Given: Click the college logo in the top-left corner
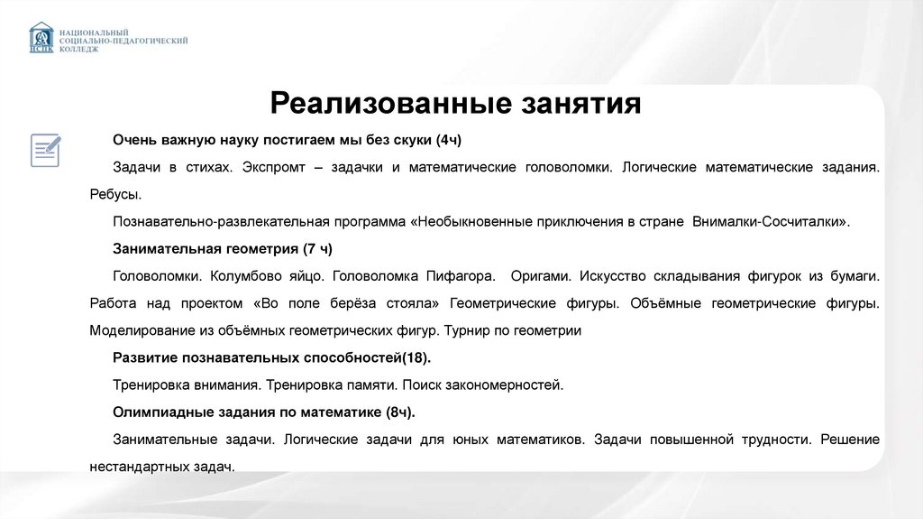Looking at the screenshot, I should click(x=41, y=38).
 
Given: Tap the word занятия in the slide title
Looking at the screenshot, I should click(x=581, y=102).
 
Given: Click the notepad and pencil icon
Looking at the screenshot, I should click(x=45, y=149).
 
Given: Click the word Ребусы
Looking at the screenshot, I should click(x=115, y=193).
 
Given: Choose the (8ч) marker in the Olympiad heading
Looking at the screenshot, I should click(x=399, y=412).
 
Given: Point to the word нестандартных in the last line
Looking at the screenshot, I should click(x=139, y=467).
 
